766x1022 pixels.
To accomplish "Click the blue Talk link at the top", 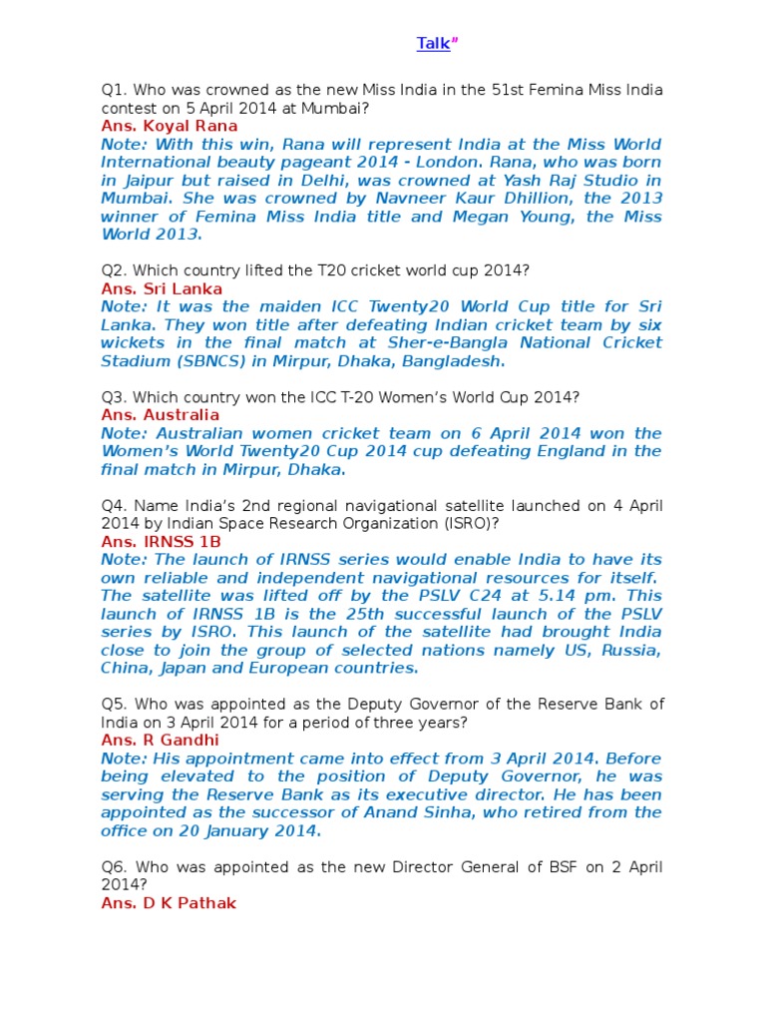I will click(x=433, y=43).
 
